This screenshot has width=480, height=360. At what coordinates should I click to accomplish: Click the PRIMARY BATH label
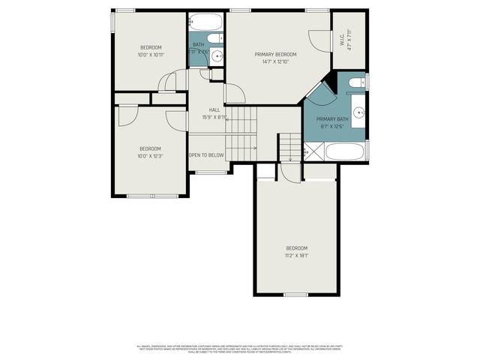[332, 119]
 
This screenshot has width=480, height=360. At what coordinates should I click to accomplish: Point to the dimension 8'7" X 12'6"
[332, 127]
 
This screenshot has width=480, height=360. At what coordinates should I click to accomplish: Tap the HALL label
[214, 109]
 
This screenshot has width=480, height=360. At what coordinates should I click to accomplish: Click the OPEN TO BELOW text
[206, 155]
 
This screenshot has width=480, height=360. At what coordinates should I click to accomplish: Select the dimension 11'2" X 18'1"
[296, 256]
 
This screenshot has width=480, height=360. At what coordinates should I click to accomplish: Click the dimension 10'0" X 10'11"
[151, 55]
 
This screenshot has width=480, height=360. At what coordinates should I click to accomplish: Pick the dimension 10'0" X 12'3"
[151, 156]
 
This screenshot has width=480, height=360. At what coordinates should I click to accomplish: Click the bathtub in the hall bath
[205, 21]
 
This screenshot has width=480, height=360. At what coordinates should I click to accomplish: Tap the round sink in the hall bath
[217, 56]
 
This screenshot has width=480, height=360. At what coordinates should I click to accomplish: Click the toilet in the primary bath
[358, 81]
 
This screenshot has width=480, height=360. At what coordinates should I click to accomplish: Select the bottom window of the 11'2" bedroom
[296, 295]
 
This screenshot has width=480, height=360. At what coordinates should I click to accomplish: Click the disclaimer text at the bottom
[239, 349]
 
